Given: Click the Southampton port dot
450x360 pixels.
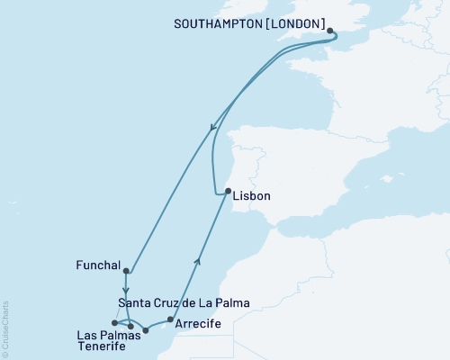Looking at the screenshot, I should (x=331, y=32).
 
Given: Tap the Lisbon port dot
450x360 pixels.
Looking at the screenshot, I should (x=227, y=191).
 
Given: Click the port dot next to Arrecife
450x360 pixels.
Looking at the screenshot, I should (x=170, y=319).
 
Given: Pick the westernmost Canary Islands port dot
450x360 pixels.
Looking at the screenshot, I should (x=114, y=323).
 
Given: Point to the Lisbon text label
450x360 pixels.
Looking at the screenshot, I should (x=251, y=195).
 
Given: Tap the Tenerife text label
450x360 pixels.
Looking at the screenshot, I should (x=103, y=348).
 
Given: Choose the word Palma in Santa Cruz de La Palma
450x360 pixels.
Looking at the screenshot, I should (x=231, y=302).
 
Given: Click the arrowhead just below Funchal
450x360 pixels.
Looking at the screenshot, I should (x=125, y=291).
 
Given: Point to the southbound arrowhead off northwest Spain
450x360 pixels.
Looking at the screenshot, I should (x=212, y=129).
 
